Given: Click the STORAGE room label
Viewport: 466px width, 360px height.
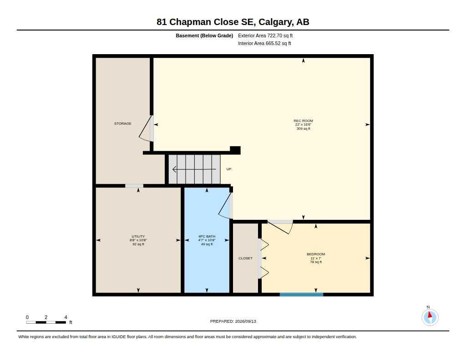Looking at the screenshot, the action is pos(122,123).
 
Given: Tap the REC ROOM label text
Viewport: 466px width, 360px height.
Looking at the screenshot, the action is pos(303,121).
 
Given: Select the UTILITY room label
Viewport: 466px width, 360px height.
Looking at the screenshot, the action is pos(138,236).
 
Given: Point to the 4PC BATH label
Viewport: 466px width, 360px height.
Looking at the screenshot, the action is pos(207,236).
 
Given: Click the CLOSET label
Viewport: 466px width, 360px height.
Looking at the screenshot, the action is pos(245,259).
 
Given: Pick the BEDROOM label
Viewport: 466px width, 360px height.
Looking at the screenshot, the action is pos(316,254).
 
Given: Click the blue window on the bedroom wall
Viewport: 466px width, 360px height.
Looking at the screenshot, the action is pos(301,294).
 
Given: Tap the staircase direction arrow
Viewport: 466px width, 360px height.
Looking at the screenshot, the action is pos(194,169).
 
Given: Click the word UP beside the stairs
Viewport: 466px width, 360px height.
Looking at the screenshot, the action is pos(229,169).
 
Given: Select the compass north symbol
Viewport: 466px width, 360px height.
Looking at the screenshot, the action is pos(430,317).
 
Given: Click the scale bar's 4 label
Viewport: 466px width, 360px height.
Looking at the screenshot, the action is pos(66,317).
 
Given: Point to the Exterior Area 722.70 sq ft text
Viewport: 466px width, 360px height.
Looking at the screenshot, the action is pos(265,35).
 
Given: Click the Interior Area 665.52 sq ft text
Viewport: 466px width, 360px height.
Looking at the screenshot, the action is pos(264,43).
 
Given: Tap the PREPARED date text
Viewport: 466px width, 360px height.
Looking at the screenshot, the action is pos(233,321).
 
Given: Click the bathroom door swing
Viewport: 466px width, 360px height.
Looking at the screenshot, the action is pos(225,206).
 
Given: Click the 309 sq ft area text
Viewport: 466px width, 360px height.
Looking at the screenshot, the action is pos(303,129).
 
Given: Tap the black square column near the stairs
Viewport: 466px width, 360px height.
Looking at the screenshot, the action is pos(235,150).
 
